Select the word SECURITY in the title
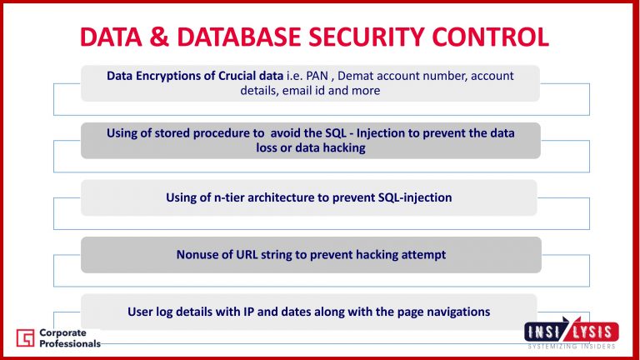pos(375,37)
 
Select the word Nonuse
pos(197,254)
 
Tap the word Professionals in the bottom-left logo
pos(70,343)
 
